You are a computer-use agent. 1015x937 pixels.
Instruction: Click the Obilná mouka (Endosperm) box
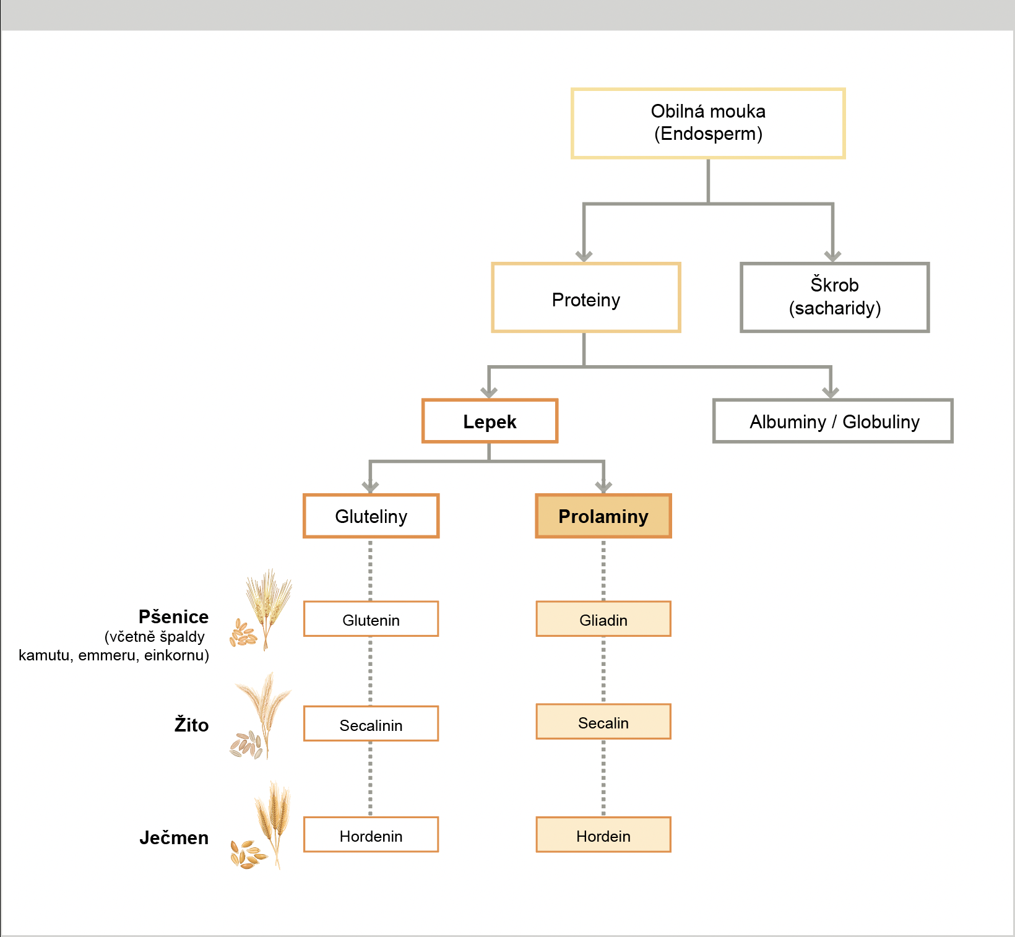click(x=708, y=123)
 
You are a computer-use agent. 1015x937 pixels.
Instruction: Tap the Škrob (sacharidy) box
click(x=834, y=298)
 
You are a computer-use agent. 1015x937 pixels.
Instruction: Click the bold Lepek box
click(x=490, y=421)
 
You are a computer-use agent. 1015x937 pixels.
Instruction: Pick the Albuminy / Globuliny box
click(x=833, y=421)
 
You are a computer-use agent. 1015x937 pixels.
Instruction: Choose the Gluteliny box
click(x=371, y=516)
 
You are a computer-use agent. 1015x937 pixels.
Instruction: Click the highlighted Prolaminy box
click(x=603, y=516)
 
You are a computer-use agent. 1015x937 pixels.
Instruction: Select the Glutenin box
click(x=371, y=619)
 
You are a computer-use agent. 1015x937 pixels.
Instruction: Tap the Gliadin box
click(x=603, y=619)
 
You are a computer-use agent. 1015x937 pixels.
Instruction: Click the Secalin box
click(x=603, y=722)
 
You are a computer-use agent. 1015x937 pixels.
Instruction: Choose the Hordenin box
click(x=371, y=835)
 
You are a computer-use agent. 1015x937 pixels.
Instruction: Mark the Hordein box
click(x=603, y=835)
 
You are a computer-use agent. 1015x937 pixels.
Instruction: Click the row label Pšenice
click(x=173, y=616)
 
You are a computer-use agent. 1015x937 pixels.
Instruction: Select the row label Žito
click(x=191, y=725)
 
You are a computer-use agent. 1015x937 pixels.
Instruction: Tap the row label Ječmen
click(x=174, y=837)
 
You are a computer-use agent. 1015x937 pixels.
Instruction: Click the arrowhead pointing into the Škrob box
click(x=832, y=256)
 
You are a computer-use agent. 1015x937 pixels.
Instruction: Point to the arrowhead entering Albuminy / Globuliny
click(x=831, y=392)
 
